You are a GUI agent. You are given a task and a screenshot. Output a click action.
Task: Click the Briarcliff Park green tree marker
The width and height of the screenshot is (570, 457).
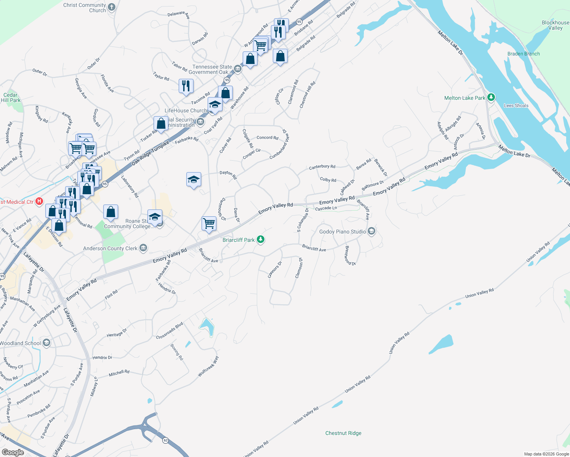pyautogui.click(x=261, y=240)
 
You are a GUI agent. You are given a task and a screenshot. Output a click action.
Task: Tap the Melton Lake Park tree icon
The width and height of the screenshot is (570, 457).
pyautogui.click(x=491, y=97)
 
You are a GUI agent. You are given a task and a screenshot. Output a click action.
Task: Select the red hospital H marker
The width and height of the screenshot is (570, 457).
pyautogui.click(x=39, y=201)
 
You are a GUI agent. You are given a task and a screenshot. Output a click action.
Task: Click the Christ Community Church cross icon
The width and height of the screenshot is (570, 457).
pyautogui.click(x=112, y=7)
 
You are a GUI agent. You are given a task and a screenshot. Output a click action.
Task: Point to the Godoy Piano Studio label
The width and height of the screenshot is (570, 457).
pyautogui.click(x=343, y=232)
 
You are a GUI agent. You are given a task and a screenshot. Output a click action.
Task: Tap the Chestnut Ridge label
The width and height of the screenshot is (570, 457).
pyautogui.click(x=343, y=433)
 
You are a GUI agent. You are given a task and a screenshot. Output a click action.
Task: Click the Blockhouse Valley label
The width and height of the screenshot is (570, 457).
pyautogui.click(x=555, y=25)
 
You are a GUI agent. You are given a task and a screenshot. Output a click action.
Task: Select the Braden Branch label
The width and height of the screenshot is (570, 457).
pyautogui.click(x=524, y=54)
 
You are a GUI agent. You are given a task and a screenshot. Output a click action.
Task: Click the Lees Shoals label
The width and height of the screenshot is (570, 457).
pyautogui.click(x=516, y=105)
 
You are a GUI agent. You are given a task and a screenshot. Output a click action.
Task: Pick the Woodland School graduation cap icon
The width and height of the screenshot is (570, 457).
pyautogui.click(x=46, y=343)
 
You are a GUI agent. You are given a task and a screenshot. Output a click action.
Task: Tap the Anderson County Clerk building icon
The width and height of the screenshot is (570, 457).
pyautogui.click(x=143, y=248)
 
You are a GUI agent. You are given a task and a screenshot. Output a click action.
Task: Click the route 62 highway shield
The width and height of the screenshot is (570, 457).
pyautogui.click(x=165, y=440)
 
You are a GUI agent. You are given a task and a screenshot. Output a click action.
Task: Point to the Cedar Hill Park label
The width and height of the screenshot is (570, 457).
pyautogui.click(x=10, y=97)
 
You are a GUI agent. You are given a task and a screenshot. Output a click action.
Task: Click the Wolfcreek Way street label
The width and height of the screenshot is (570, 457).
pyautogui.click(x=208, y=366)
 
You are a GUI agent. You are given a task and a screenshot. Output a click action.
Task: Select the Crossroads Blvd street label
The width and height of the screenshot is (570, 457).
pyautogui.click(x=170, y=331)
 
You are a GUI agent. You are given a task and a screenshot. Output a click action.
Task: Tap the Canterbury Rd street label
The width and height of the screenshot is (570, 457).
pyautogui.click(x=322, y=167)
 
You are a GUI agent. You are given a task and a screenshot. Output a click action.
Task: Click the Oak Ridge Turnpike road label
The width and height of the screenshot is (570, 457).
pyautogui.click(x=150, y=153)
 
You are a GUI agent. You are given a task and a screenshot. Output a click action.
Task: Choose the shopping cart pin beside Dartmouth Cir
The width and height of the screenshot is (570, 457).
pyautogui.click(x=209, y=224)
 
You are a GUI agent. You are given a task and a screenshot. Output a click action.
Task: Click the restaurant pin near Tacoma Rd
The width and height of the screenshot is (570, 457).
pyautogui.click(x=186, y=86)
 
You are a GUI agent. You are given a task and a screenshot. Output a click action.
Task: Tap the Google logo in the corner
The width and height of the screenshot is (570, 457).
pyautogui.click(x=13, y=452)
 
